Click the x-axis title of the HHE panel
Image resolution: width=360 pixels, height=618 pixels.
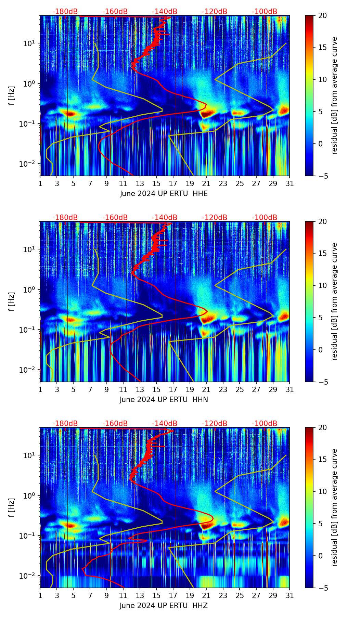click(164, 194)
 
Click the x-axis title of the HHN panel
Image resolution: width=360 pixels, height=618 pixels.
click(164, 400)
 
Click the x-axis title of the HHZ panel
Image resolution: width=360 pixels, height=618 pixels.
click(164, 606)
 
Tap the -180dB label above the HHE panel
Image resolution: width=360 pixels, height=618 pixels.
click(65, 12)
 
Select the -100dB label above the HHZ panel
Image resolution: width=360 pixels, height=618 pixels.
click(265, 424)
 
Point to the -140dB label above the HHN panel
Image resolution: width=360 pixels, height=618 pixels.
click(165, 218)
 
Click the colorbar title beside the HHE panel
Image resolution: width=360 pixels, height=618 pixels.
click(334, 95)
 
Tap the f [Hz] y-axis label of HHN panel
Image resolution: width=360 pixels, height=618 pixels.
click(12, 301)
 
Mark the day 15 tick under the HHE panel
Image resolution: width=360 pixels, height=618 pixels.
click(156, 183)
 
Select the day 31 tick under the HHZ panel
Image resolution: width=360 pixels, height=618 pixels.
click(290, 595)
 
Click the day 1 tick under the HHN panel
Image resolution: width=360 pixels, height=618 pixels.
click(40, 389)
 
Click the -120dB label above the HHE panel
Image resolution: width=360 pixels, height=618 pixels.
click(215, 12)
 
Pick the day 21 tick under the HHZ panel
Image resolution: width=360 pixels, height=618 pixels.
click(206, 595)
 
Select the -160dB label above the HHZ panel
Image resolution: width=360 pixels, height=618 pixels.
click(115, 424)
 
